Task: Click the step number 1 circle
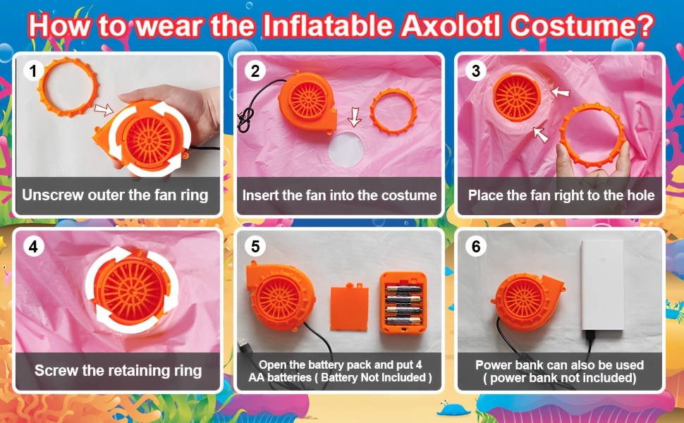click(x=33, y=70)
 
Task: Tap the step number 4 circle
click(x=33, y=246)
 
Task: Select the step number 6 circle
click(x=476, y=246)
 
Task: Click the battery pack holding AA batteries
click(x=403, y=302)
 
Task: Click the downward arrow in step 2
click(x=354, y=116)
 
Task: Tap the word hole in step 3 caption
click(x=641, y=195)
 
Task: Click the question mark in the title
click(x=646, y=25)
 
